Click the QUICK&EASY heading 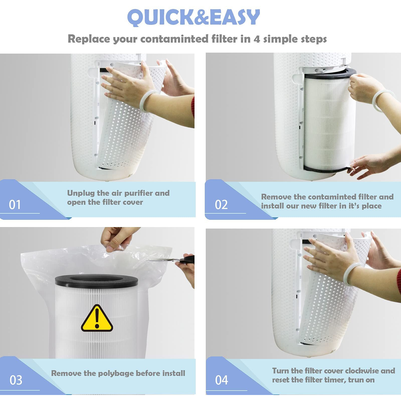[x=193, y=17]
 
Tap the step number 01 [x=15, y=205]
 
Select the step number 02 [x=221, y=205]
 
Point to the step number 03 [x=16, y=380]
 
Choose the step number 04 [x=222, y=380]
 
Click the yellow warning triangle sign [x=97, y=318]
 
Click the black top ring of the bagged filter [x=96, y=280]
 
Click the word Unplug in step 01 [x=81, y=193]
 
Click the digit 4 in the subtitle [x=257, y=39]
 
